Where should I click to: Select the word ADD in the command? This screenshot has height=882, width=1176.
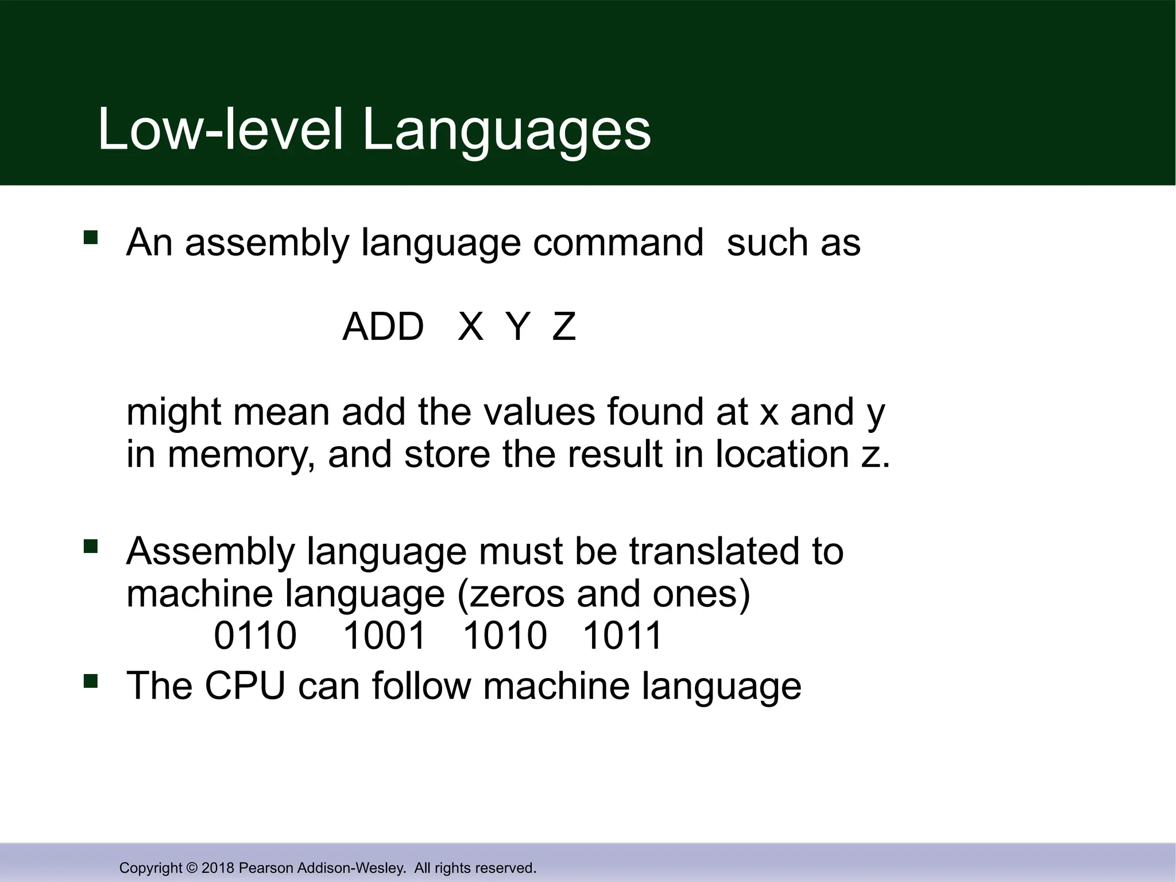pos(383,327)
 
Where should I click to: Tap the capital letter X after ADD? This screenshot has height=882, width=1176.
pos(470,327)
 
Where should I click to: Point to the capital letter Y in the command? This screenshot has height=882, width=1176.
pos(517,327)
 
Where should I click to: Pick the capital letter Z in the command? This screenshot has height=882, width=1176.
pos(564,327)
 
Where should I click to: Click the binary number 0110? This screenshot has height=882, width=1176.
pos(255,636)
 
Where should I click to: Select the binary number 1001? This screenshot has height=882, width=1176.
pos(384,636)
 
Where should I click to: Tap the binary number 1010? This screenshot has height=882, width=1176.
pos(505,636)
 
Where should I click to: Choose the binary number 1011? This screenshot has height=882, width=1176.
pos(623,636)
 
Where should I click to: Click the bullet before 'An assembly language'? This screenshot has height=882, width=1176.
pos(91,238)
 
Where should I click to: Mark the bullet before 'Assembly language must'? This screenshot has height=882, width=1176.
pos(91,546)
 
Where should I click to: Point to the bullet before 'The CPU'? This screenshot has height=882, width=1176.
pos(91,681)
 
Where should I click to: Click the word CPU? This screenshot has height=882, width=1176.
pos(245,686)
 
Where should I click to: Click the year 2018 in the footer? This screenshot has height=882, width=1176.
pos(218,868)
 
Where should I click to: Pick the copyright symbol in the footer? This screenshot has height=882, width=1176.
pos(192,868)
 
